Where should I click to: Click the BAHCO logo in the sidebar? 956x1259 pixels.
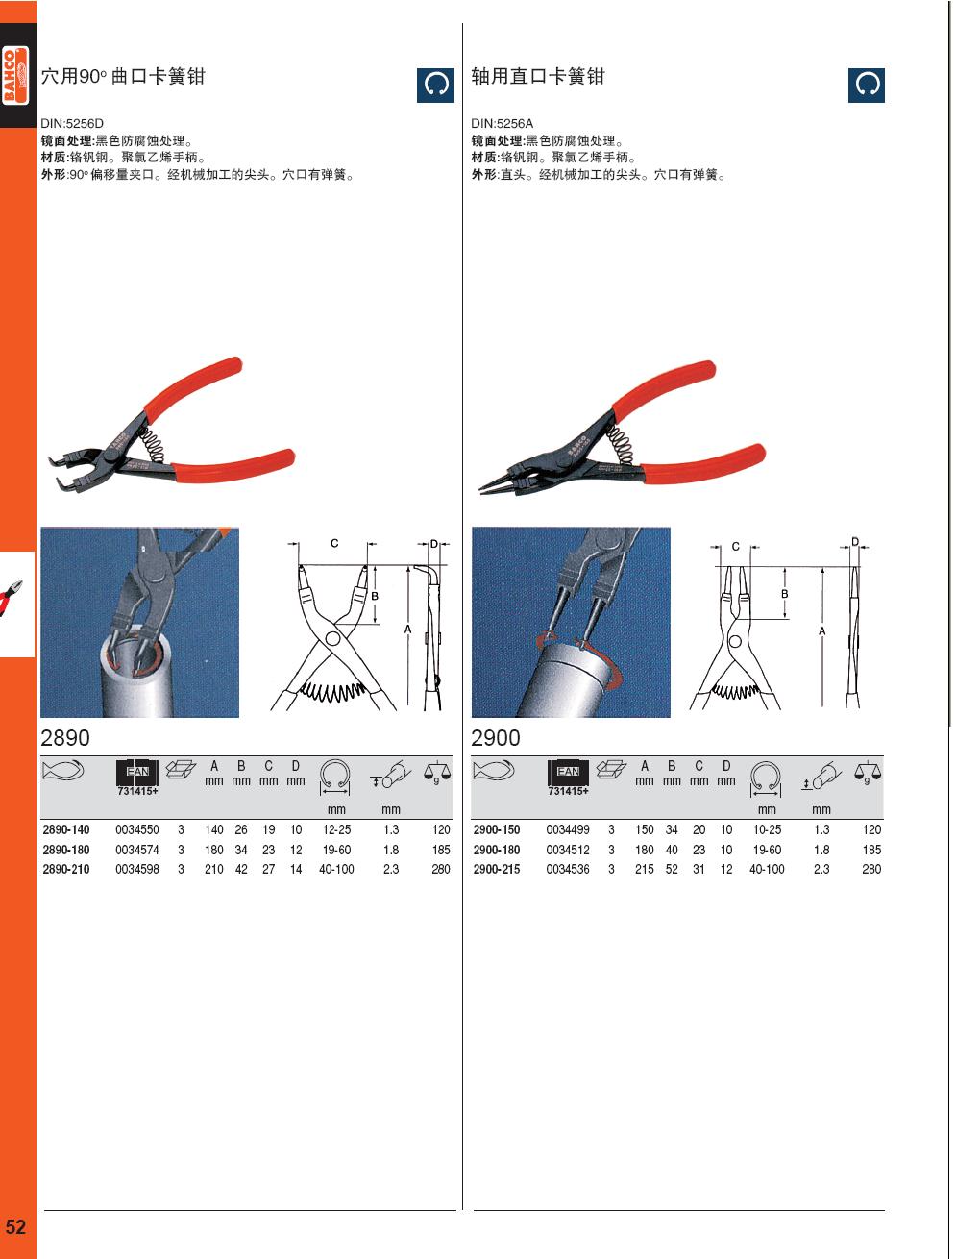15,76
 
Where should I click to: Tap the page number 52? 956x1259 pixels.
15,1227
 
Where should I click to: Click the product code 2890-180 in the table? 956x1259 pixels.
66,850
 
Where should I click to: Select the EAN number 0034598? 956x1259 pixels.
137,869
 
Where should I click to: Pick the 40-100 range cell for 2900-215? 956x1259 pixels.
767,869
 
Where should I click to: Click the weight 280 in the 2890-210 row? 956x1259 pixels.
441,869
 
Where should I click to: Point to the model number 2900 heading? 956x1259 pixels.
496,737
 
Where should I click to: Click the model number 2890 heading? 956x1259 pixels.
65,737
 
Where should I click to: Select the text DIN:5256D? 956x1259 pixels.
72,123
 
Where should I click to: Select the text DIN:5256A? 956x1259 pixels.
503,123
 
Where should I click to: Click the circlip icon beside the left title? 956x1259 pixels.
435,85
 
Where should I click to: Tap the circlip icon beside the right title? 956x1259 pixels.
867,85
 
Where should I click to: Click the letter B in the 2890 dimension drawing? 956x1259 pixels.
375,596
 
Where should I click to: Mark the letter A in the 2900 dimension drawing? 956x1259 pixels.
822,630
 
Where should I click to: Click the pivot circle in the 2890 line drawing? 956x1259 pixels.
332,638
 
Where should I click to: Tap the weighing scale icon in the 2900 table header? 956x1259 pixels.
867,772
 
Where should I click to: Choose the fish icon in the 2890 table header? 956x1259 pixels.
63,770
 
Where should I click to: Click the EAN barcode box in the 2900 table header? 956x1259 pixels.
568,773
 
